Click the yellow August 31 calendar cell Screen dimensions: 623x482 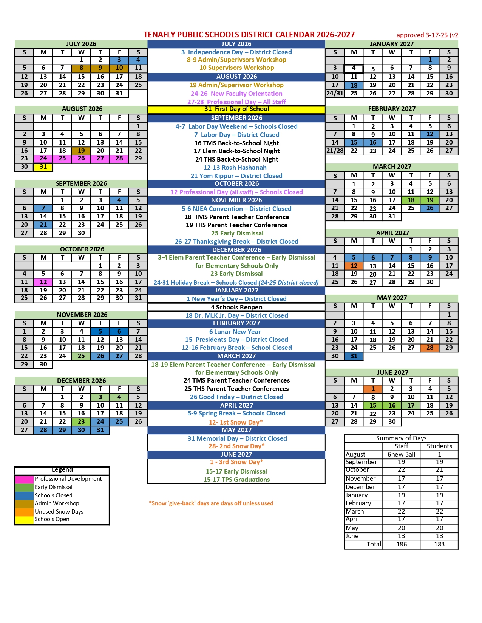point(43,167)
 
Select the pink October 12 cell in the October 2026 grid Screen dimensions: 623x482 point(43,282)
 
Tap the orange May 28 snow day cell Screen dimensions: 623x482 point(430,348)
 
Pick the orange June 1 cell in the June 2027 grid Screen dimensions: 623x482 point(373,389)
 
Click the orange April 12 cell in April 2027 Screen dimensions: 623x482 point(354,266)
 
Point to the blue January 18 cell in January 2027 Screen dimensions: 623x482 point(354,85)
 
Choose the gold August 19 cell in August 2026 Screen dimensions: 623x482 point(81,151)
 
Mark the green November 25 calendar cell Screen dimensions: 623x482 point(81,356)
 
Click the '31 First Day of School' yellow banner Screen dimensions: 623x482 point(236,109)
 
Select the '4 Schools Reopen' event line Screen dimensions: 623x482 point(236,307)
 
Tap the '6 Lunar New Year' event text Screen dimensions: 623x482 point(235,332)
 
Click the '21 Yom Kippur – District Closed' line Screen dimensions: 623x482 point(236,176)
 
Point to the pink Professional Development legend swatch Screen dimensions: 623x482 point(24,479)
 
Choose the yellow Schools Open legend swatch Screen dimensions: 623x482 point(24,520)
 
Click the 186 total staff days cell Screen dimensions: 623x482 point(401,544)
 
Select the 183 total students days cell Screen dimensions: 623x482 point(439,544)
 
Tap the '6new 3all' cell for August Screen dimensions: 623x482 point(401,454)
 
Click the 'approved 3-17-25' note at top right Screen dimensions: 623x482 point(427,35)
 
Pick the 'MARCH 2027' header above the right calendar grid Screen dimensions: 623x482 point(392,166)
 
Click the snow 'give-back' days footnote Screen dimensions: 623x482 point(211,503)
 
